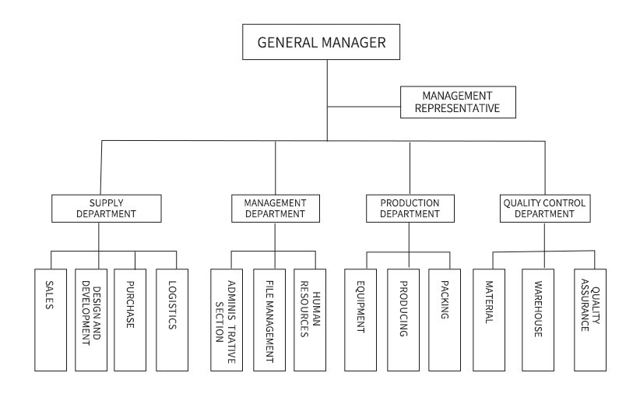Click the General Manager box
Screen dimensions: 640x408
click(322, 42)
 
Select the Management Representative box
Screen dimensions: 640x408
click(458, 102)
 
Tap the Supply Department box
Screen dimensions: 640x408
click(107, 209)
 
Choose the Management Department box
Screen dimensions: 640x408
click(276, 209)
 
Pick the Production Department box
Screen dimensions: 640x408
click(410, 209)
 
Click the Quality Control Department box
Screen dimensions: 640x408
click(545, 209)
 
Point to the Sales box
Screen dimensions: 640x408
click(51, 320)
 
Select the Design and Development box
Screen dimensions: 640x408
click(91, 320)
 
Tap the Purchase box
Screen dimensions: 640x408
click(130, 320)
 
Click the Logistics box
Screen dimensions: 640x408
click(172, 320)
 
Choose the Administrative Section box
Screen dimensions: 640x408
click(227, 320)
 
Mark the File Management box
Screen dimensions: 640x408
click(269, 320)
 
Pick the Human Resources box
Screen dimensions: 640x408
click(310, 320)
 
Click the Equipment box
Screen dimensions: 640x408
click(360, 320)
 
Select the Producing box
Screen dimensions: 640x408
click(403, 320)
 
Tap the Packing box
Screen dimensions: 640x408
click(445, 320)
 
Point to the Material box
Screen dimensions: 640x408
click(489, 320)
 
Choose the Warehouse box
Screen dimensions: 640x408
click(538, 320)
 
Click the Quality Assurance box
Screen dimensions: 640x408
click(590, 320)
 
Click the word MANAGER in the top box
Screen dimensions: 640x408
click(353, 42)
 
